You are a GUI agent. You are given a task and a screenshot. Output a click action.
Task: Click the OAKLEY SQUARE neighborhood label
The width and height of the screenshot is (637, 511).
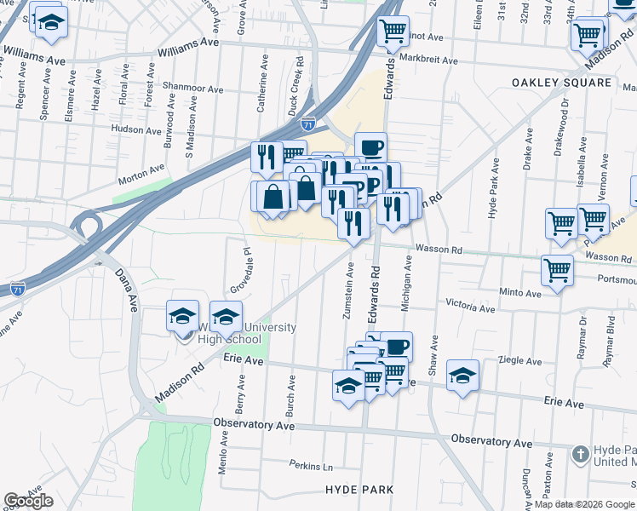562,83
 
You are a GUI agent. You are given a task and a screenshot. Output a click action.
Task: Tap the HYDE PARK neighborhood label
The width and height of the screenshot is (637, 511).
359,490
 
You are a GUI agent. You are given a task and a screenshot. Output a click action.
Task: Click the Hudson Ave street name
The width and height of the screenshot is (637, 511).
136,130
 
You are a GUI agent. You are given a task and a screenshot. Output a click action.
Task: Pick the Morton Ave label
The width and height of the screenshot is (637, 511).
141,175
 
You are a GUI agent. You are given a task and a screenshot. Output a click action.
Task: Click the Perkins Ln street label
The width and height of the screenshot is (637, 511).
310,467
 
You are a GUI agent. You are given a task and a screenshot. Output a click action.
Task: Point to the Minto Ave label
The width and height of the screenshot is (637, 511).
520,293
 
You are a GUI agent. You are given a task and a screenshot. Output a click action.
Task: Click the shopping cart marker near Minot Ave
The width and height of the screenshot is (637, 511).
393,31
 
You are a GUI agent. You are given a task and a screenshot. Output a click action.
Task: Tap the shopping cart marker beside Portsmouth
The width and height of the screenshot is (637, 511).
558,271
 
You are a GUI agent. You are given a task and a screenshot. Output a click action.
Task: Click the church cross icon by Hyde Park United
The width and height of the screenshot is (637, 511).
581,453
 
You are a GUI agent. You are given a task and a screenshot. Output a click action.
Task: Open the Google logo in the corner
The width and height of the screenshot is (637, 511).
28,501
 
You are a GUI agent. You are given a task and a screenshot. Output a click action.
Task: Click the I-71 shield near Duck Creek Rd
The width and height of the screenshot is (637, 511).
308,123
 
